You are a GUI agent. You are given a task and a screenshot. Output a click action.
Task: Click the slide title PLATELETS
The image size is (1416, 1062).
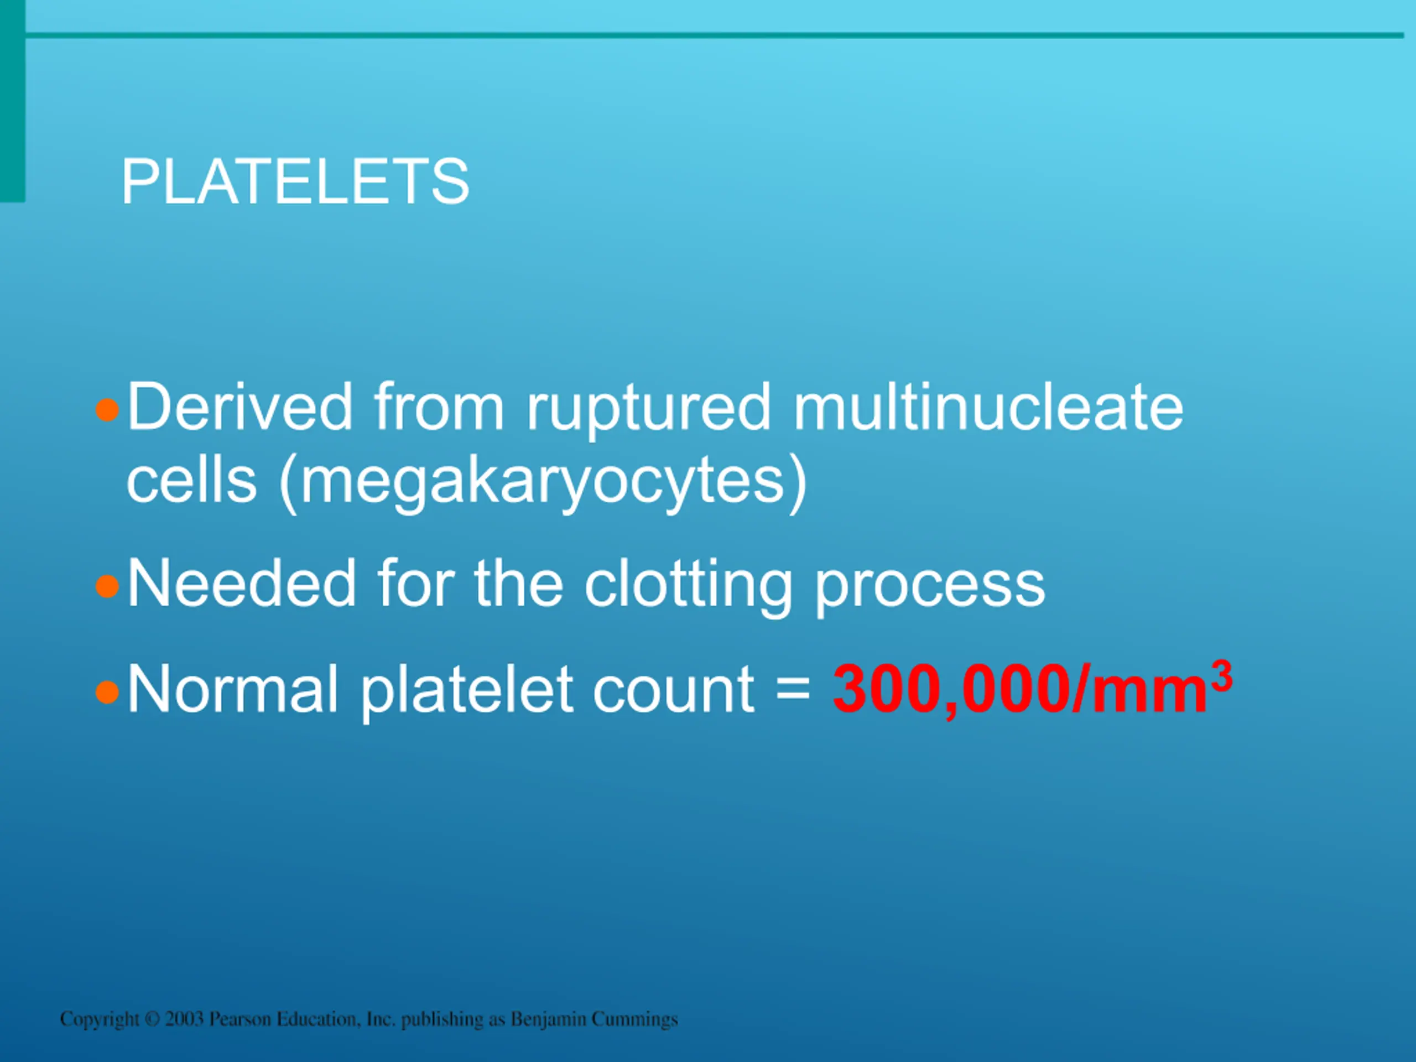click(x=296, y=182)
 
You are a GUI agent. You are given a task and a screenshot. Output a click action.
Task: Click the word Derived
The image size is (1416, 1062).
click(x=240, y=407)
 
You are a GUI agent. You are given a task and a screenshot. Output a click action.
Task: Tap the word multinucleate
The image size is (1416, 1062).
click(x=989, y=407)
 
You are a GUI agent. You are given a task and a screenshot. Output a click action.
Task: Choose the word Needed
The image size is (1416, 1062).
click(x=241, y=582)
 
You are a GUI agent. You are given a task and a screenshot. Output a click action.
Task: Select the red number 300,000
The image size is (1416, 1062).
click(x=952, y=691)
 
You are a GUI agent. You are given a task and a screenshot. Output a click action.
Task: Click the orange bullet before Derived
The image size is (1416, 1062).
click(x=107, y=410)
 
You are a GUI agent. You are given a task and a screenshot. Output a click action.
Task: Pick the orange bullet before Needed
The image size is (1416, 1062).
click(x=107, y=586)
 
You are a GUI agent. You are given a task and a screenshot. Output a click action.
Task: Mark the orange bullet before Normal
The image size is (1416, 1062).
click(x=107, y=692)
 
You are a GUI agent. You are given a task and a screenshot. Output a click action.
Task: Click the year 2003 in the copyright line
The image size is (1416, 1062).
click(x=184, y=1018)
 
